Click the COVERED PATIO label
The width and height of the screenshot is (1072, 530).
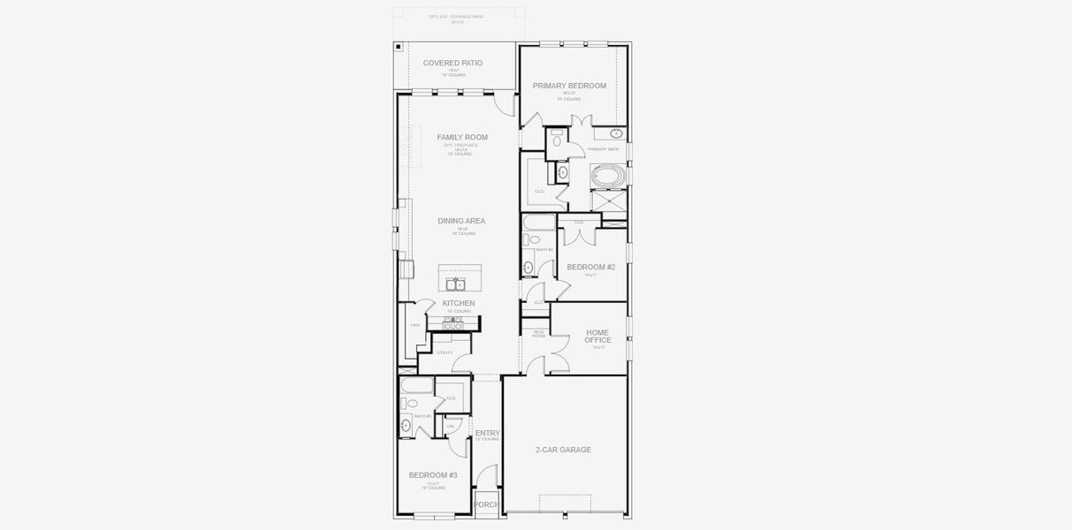[452, 64]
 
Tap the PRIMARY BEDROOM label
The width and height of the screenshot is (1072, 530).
[569, 86]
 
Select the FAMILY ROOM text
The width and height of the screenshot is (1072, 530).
[461, 138]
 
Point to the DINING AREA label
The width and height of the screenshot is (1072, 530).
[461, 221]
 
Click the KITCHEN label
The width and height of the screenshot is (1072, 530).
[459, 303]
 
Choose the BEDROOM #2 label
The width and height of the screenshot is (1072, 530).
[591, 267]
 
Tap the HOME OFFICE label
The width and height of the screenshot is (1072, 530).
[597, 337]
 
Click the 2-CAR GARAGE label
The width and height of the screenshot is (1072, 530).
[563, 450]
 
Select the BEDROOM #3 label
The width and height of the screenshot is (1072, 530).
[433, 475]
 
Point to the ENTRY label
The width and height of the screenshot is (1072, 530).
[487, 433]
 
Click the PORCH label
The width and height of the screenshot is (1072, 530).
[486, 504]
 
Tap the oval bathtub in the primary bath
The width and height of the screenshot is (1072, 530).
[607, 177]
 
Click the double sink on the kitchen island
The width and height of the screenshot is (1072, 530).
[456, 284]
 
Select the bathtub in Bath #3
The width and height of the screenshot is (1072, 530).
[416, 385]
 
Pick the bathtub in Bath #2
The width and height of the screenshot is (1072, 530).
[539, 222]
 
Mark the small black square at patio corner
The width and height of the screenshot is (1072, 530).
[399, 47]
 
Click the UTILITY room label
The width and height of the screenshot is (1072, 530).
[445, 352]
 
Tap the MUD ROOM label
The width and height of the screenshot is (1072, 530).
[538, 334]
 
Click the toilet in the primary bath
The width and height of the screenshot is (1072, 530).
[557, 139]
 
